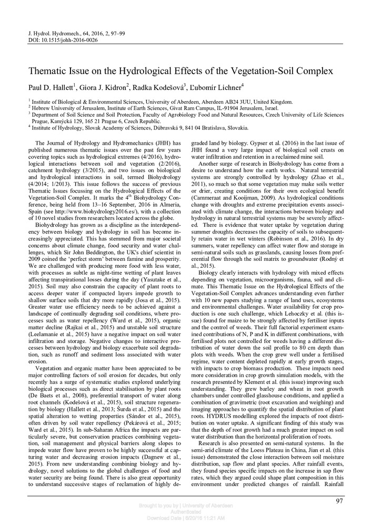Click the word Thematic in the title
[51, 71]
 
